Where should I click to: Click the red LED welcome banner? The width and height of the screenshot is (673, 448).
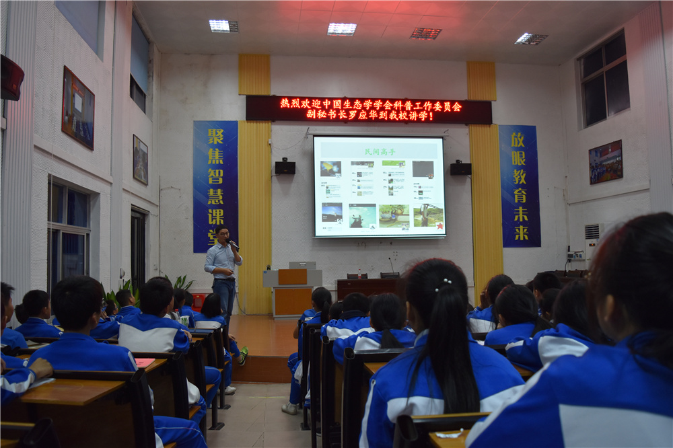point(369,110)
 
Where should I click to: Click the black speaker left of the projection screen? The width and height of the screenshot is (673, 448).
point(285,167)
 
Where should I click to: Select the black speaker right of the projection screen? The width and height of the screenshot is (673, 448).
point(460,167)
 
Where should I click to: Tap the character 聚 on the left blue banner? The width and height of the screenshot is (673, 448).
point(215,137)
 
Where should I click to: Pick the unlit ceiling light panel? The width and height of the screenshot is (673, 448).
point(425,33)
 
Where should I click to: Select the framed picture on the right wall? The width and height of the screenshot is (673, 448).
point(605,162)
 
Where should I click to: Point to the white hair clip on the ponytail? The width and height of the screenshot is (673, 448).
point(443,285)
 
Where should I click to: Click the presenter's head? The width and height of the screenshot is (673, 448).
point(223,235)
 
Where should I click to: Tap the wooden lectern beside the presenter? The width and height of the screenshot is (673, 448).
point(292,291)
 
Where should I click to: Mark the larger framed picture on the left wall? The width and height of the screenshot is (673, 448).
point(78,108)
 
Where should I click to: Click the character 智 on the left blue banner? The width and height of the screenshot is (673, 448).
point(215,177)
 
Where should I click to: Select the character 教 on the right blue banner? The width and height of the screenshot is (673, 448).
point(519,177)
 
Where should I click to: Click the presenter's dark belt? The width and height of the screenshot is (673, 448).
point(225,278)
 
